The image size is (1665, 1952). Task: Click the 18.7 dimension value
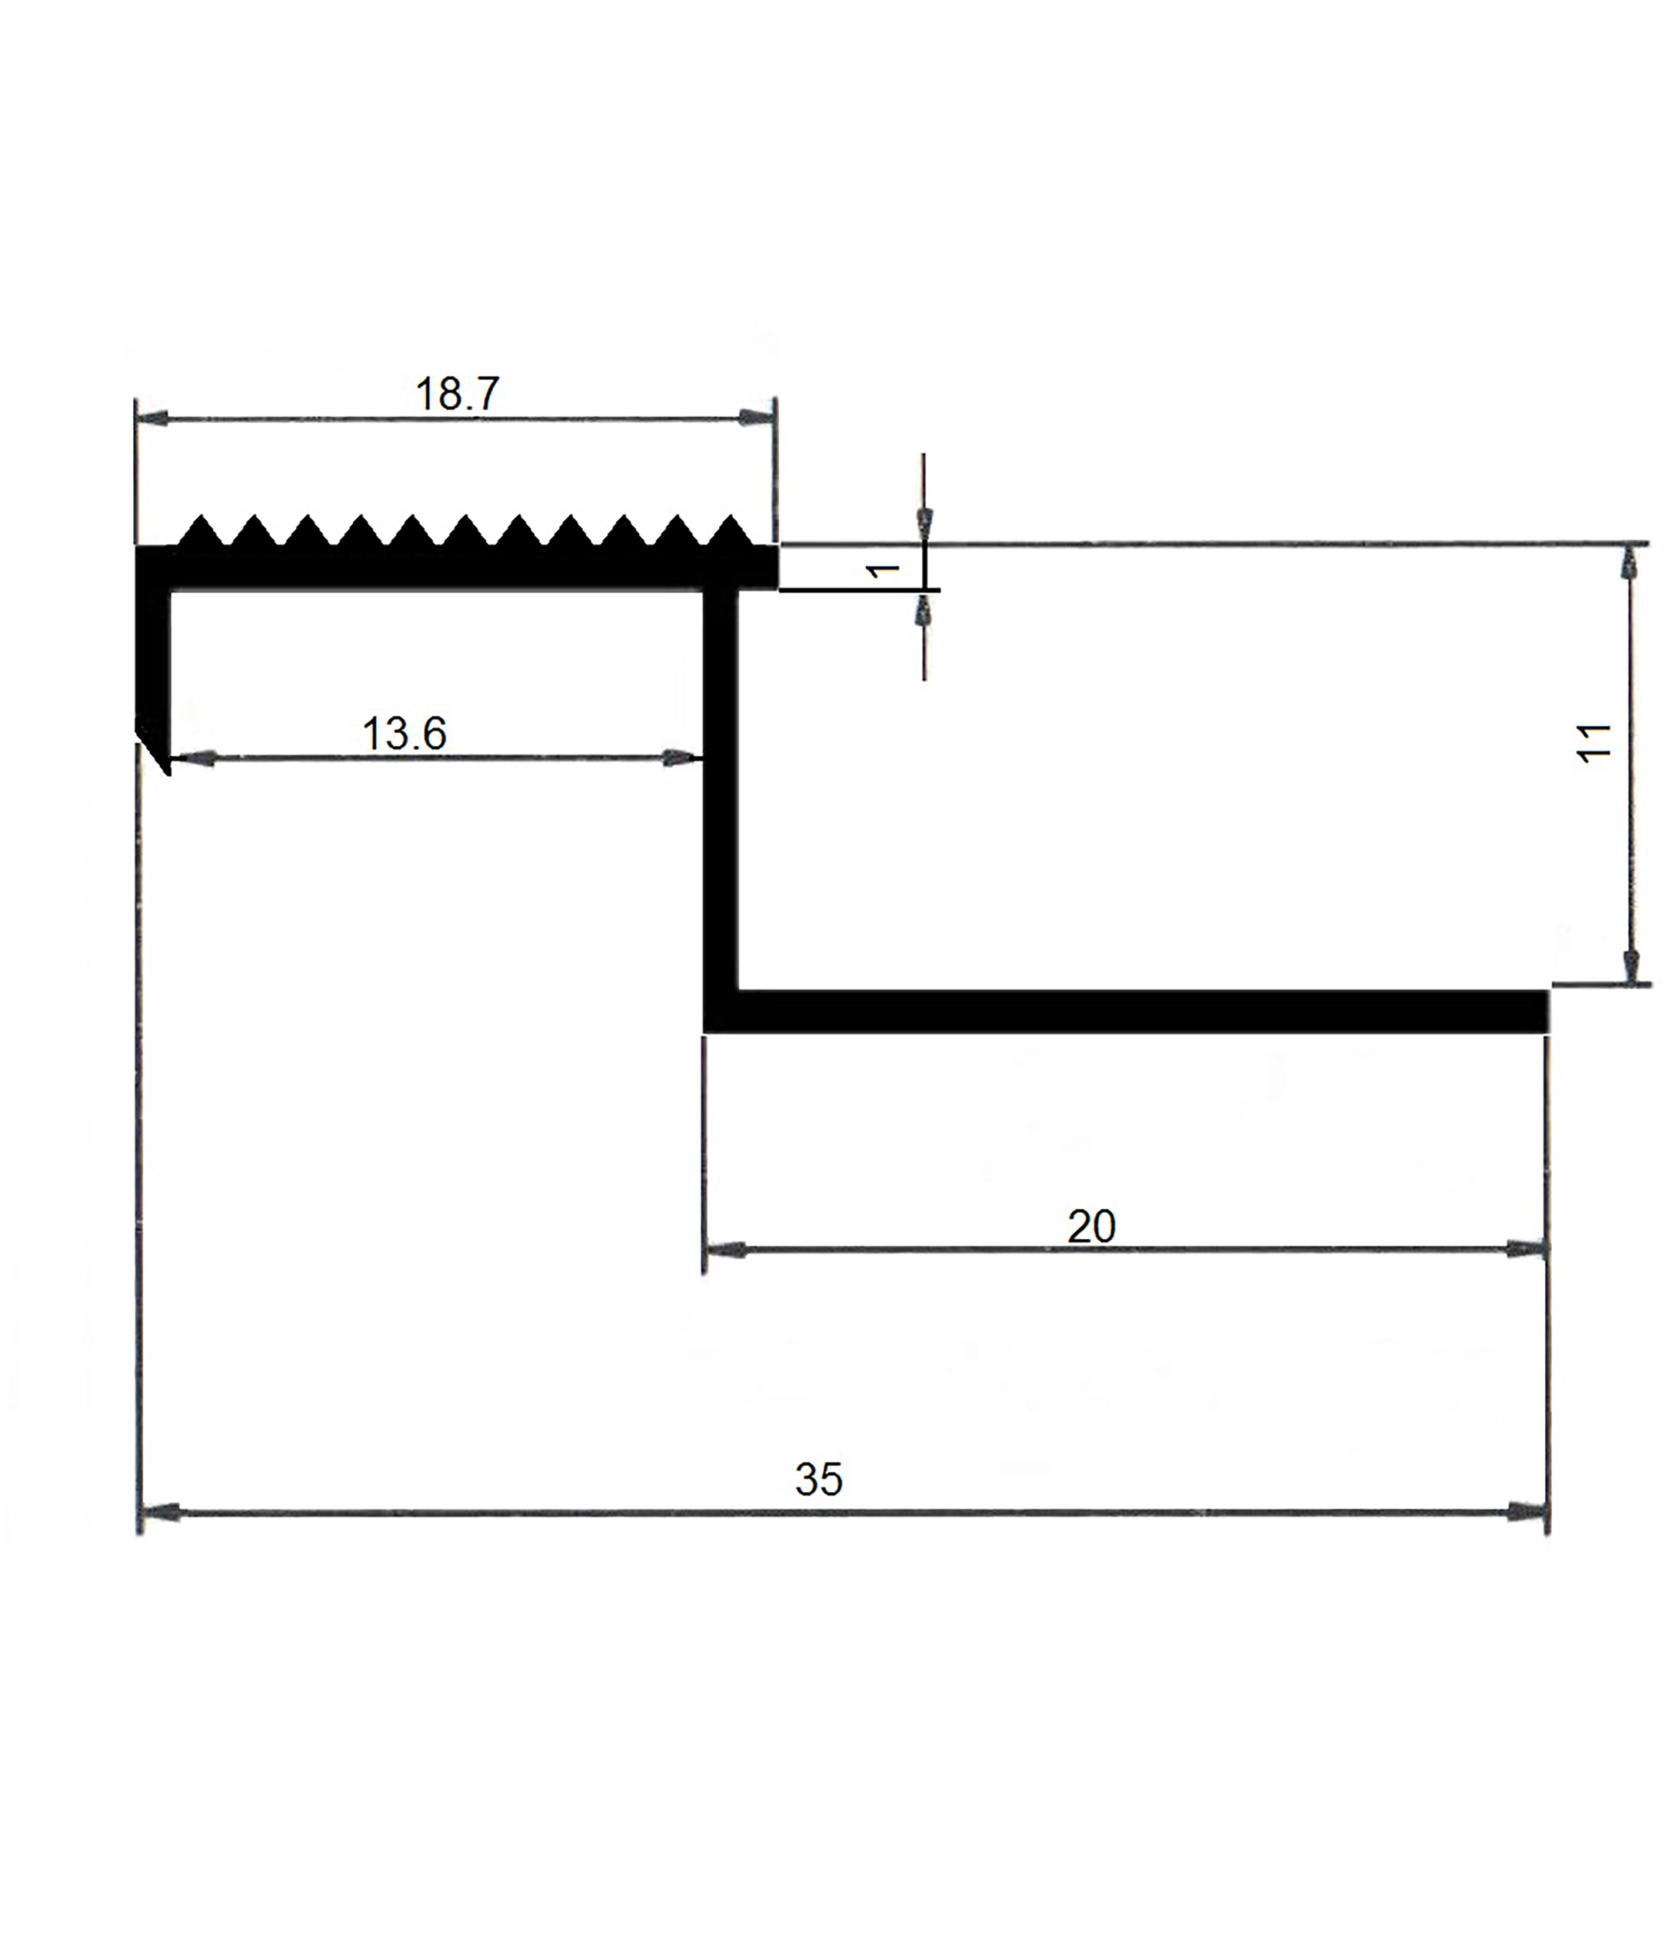[457, 394]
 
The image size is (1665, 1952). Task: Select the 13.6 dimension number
[404, 734]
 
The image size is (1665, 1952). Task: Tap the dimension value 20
[1092, 1226]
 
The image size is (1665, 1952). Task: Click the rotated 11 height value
[1594, 743]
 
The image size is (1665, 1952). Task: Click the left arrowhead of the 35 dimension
[159, 1512]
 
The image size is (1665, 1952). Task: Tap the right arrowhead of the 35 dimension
[1526, 1512]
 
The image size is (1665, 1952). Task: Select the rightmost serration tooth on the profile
[728, 530]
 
